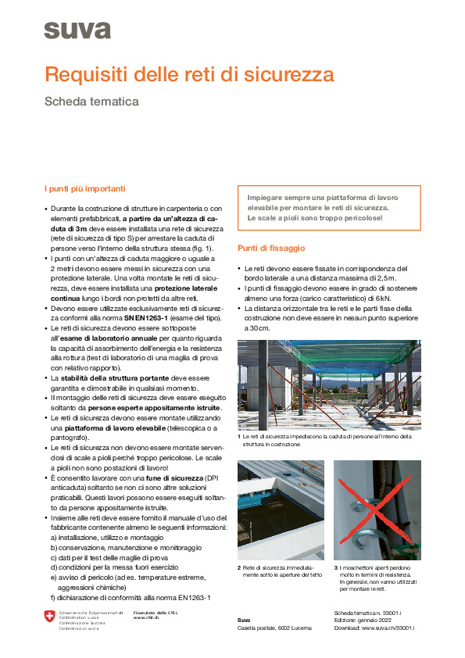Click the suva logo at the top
click(x=77, y=30)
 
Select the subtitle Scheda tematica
click(x=91, y=102)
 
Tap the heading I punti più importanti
click(x=84, y=189)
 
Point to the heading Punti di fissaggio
click(x=270, y=248)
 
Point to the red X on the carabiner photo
click(x=378, y=508)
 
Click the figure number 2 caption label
click(x=239, y=567)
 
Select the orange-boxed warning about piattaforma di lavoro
click(x=328, y=208)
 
